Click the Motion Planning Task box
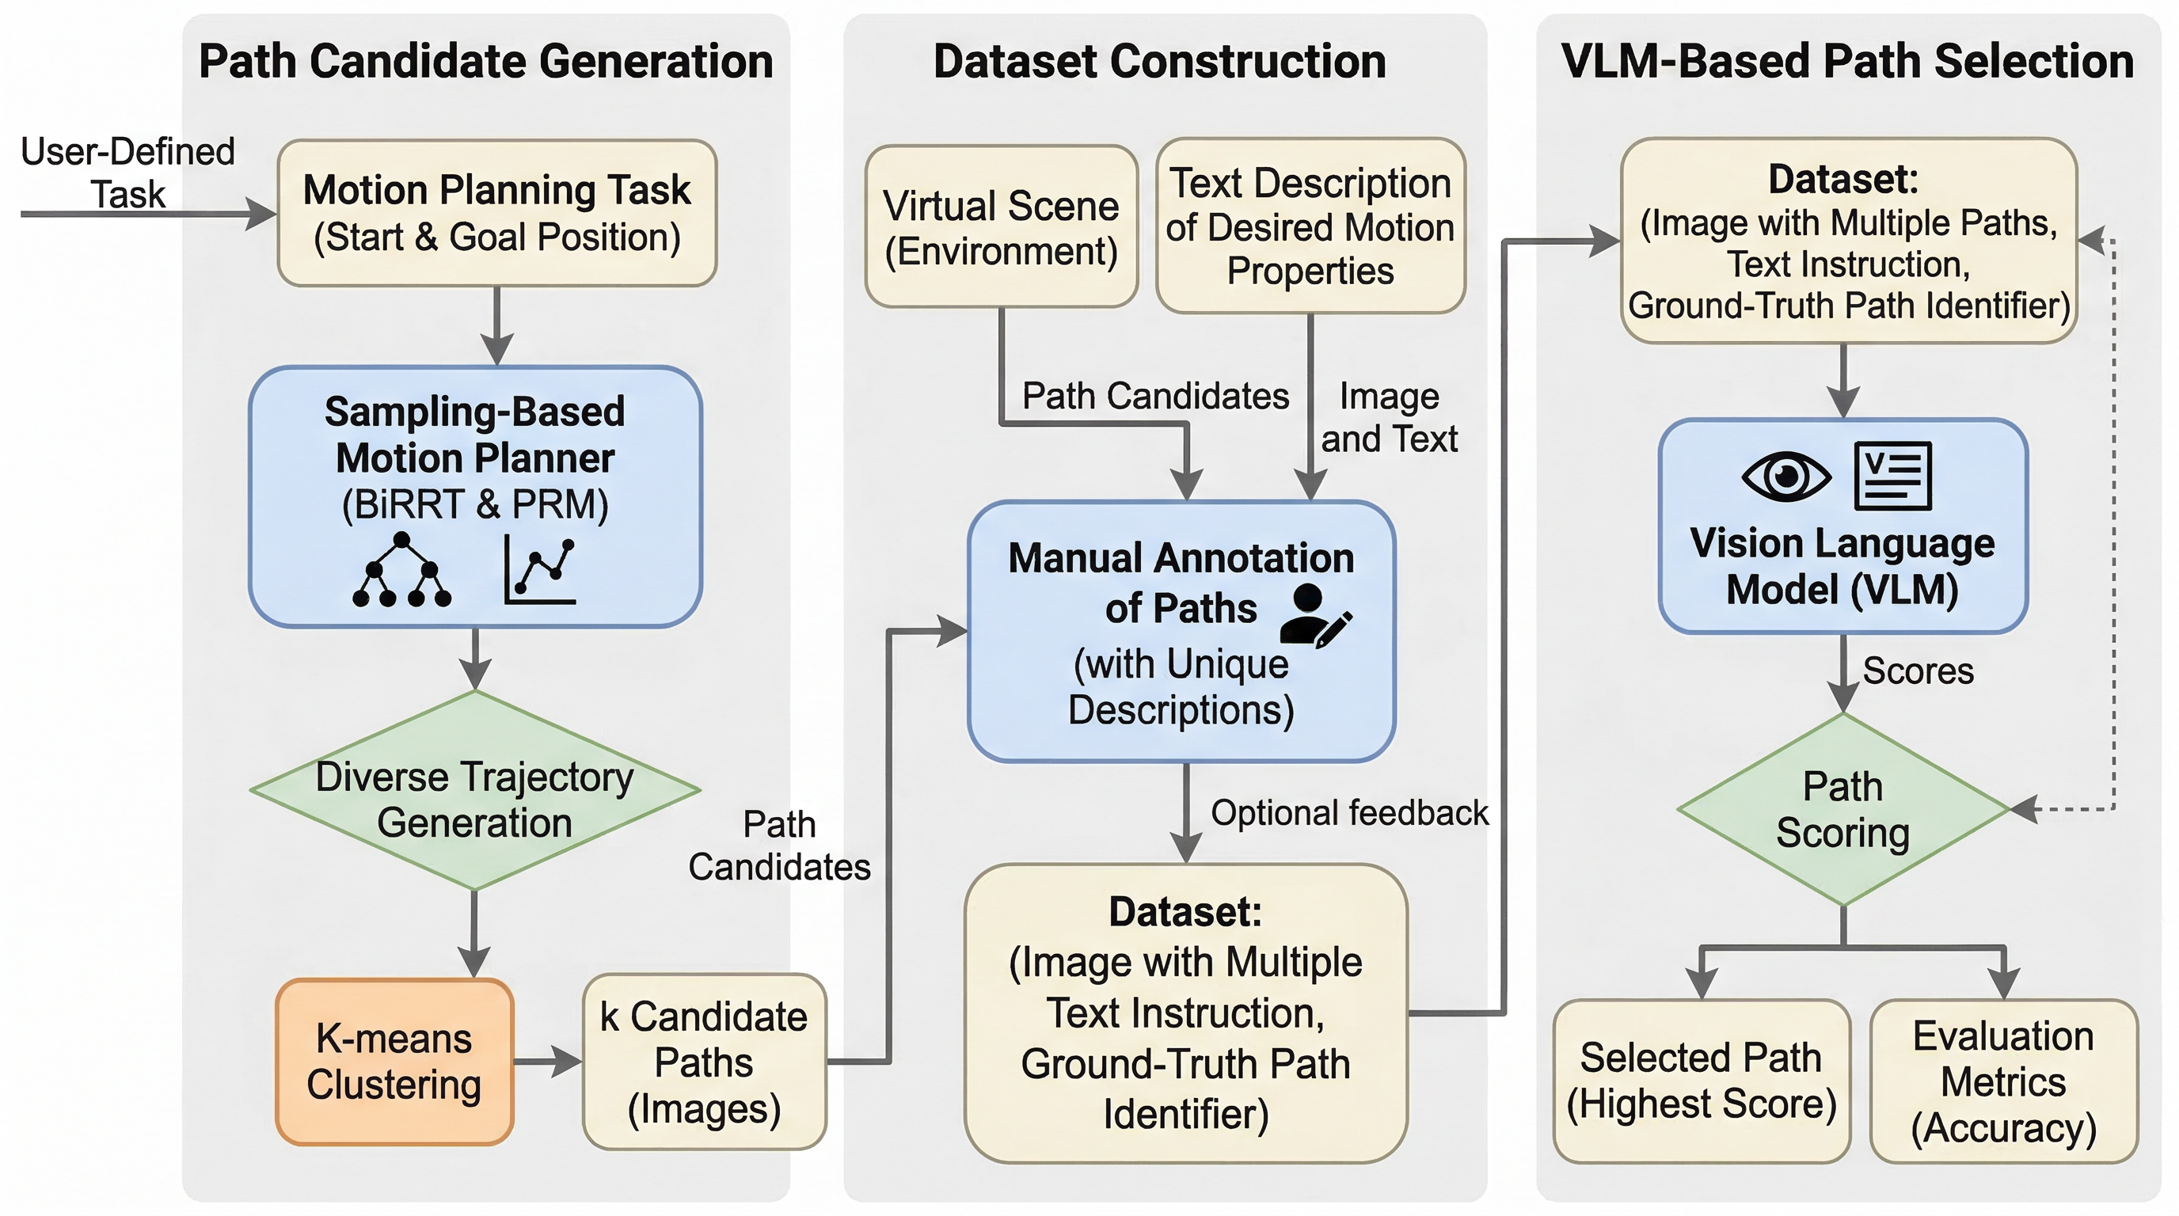(496, 213)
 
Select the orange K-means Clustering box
(394, 1062)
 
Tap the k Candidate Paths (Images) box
(704, 1062)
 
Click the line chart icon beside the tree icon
(541, 570)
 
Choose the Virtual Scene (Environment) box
(1001, 226)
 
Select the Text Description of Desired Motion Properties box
(1310, 226)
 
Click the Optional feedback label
(1349, 812)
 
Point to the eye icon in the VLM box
(1785, 476)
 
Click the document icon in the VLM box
(1892, 476)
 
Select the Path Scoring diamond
(1843, 809)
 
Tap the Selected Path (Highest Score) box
(1701, 1081)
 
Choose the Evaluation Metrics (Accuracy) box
(2003, 1081)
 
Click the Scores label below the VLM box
(1918, 671)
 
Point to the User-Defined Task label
(127, 173)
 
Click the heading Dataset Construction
(1160, 62)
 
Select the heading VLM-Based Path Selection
(1847, 62)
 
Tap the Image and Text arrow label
(1389, 417)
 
